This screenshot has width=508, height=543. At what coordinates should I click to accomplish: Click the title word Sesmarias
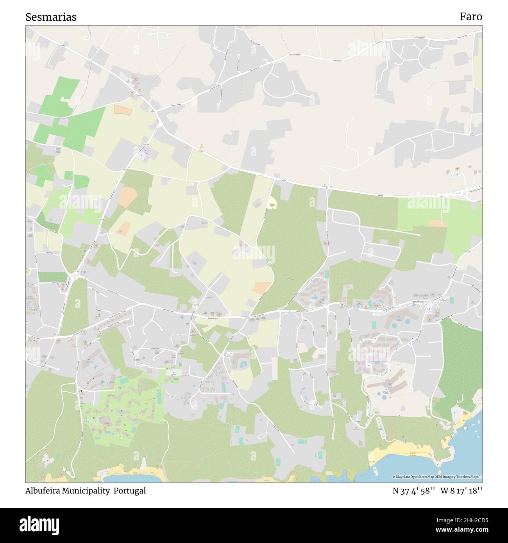[51, 17]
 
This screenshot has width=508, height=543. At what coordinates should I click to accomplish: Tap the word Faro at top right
[470, 17]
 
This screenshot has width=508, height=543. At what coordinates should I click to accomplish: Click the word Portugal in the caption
[130, 491]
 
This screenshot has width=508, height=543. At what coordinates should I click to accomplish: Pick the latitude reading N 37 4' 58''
[414, 491]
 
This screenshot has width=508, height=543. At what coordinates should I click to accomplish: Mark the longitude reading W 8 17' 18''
[461, 491]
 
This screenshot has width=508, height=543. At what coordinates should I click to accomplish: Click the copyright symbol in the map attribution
[394, 477]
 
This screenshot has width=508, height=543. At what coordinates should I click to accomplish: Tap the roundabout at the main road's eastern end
[465, 193]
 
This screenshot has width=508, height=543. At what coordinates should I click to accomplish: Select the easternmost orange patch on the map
[438, 223]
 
